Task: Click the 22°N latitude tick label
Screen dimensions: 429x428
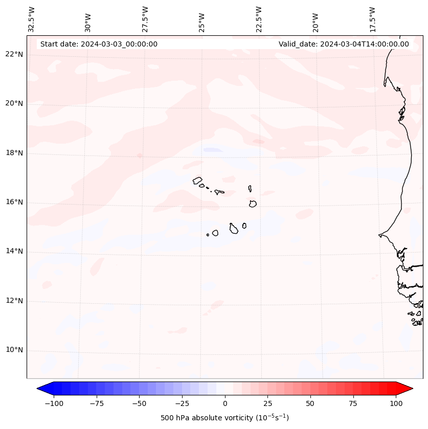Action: [14, 54]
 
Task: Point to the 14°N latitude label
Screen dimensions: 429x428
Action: [14, 251]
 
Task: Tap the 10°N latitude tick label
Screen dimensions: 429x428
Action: [14, 350]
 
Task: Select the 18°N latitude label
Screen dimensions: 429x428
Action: [14, 153]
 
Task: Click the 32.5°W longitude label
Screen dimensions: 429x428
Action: [32, 19]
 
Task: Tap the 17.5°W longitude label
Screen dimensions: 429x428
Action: [372, 19]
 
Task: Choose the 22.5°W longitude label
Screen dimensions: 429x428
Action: [259, 19]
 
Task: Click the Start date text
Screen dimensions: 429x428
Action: [99, 44]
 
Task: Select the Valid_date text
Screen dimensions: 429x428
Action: [344, 44]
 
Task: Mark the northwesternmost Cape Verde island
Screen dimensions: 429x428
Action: [197, 180]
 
